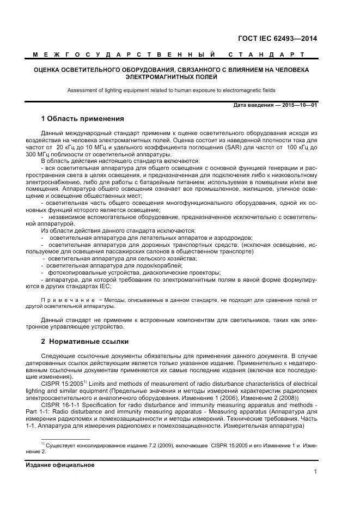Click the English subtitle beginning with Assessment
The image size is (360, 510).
pos(172,90)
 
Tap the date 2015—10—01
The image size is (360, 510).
pos(299,105)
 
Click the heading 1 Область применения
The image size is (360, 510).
pos(83,119)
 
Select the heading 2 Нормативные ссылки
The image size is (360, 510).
pos(84,342)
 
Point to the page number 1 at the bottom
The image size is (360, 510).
pos(315,472)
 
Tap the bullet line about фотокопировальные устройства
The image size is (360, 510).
pos(133,272)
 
